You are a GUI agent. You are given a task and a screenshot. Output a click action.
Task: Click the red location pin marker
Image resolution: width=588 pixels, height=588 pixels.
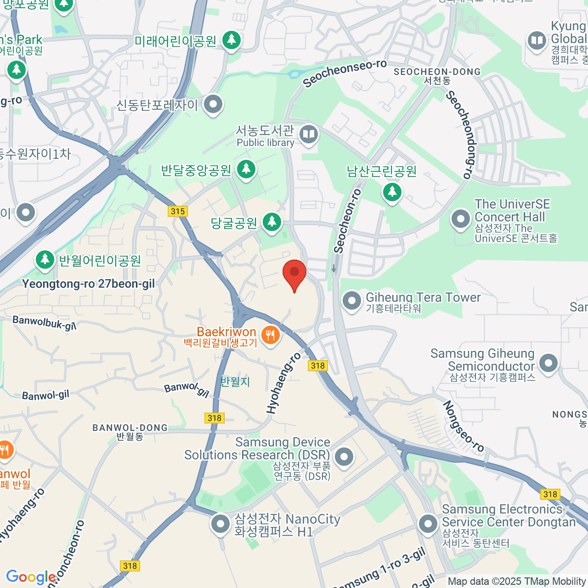pos(294,272)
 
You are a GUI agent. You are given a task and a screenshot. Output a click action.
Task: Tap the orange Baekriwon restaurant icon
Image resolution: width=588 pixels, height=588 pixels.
pos(269,336)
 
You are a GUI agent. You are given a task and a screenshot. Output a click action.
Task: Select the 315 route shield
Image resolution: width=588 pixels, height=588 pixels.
pos(178,211)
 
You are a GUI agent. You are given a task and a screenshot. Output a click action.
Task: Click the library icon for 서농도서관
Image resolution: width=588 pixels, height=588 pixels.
pos(308,134)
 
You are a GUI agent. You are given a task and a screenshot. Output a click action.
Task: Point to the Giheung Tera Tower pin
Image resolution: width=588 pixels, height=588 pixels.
pos(351,300)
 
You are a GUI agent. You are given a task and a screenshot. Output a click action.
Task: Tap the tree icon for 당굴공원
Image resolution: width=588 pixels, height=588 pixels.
pos(271,222)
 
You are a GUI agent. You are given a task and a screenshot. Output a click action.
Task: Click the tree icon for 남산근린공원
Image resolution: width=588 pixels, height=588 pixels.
pos(392,191)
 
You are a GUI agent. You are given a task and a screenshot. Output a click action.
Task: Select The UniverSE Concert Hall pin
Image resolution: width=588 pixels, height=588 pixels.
pos(461,219)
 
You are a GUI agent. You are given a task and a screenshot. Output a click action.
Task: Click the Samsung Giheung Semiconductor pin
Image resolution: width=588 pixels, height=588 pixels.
pos(548,363)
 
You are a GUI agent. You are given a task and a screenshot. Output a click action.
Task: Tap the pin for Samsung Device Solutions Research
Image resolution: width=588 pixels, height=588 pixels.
pos(344,456)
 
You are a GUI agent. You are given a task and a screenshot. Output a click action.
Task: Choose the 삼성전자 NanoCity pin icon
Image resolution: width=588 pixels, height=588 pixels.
pos(220,524)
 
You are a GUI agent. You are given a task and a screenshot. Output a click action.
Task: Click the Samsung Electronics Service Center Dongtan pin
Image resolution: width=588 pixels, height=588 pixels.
pos(428,524)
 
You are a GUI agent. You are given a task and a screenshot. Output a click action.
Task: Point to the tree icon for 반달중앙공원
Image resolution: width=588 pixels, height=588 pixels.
pos(246,169)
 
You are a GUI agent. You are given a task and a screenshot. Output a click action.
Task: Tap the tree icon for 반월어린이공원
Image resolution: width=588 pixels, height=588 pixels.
pos(45,259)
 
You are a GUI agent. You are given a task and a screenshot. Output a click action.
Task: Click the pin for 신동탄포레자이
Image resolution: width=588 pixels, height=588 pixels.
pos(213,104)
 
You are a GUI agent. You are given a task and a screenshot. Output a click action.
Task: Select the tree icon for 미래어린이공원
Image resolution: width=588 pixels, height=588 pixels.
pos(231,40)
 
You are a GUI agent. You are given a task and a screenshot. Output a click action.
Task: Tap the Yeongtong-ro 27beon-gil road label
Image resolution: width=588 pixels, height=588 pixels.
pos(88,284)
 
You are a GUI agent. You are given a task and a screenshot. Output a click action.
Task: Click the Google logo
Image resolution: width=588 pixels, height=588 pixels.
pos(30,577)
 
